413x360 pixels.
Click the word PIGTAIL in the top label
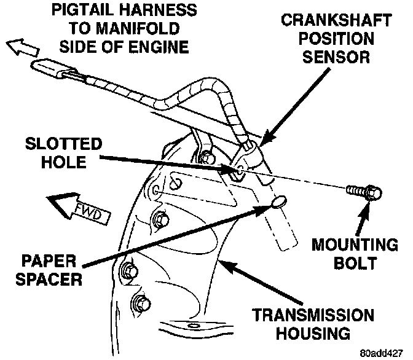pos(77,10)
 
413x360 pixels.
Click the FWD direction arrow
pos(77,208)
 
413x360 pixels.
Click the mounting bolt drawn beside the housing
pos(364,193)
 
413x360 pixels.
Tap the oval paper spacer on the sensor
pos(278,202)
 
